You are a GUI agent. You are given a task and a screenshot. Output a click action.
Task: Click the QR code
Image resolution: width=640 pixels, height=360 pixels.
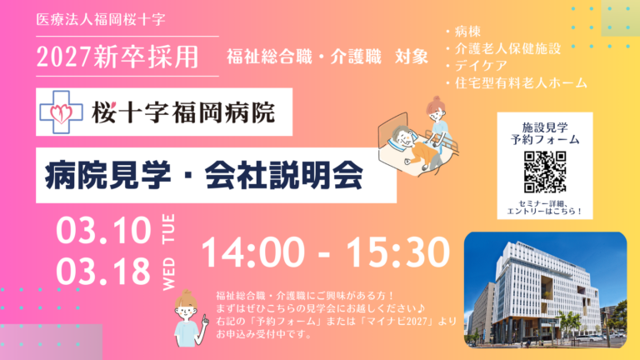tap(545, 172)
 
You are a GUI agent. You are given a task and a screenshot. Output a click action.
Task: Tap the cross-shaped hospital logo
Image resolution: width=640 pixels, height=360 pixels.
tap(61, 112)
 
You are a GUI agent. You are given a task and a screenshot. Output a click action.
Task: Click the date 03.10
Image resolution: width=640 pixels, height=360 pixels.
tap(103, 231)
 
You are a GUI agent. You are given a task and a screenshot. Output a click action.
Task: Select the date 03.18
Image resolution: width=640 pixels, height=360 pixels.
tap(103, 272)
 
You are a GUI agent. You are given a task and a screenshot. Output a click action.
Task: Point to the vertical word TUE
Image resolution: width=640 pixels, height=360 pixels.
tap(168, 229)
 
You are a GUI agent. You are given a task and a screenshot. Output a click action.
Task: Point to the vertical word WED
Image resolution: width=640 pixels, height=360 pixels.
tap(168, 274)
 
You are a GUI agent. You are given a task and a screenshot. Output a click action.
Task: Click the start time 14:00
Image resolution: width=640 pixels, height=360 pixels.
tap(253, 252)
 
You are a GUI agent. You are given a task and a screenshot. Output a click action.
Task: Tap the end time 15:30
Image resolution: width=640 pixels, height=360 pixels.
tap(398, 252)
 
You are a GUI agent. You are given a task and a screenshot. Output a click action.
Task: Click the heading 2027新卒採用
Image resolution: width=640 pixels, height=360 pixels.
tap(117, 57)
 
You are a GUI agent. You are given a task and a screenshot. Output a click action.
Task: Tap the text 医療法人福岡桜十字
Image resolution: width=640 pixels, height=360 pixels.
tap(101, 20)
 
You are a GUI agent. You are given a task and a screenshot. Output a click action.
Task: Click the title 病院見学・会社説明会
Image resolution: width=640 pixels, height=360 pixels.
tap(204, 176)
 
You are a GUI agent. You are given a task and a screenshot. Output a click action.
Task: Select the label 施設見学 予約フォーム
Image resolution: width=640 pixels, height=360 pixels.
tap(545, 133)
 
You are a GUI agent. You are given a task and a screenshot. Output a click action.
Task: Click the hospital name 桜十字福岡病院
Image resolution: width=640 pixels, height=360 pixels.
tap(183, 112)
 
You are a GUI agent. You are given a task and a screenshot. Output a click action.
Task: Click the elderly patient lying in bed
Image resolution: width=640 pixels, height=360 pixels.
tap(414, 147)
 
